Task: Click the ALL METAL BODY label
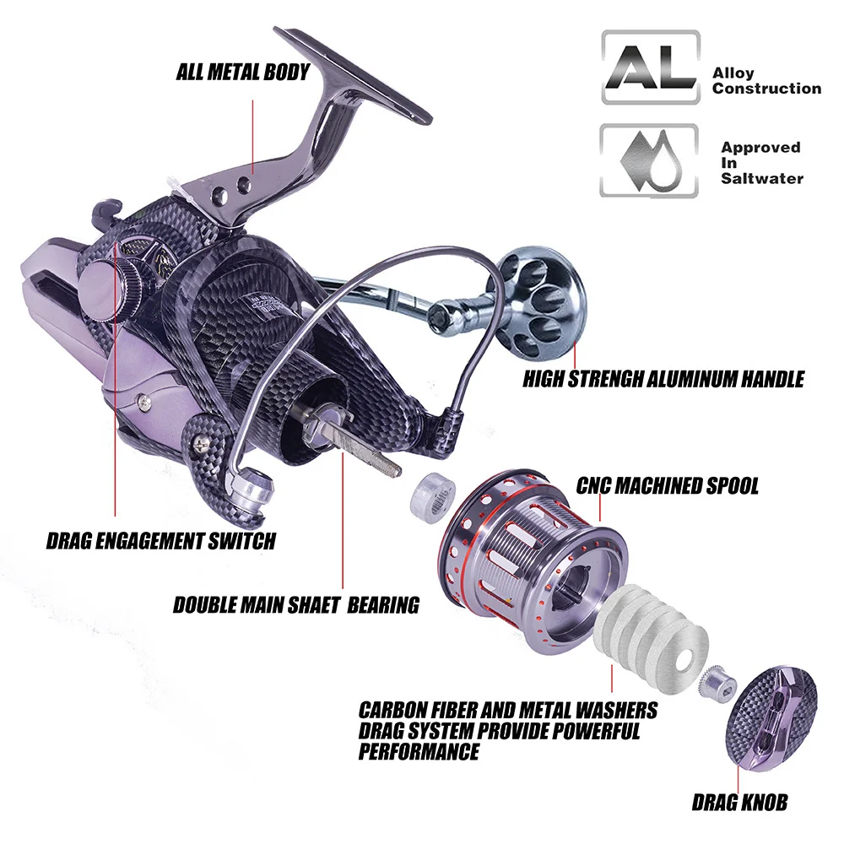pos(243,72)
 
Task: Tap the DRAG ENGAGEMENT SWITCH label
pos(161,540)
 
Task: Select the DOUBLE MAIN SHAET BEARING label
pos(296,605)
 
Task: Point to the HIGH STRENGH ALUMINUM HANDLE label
pos(663,379)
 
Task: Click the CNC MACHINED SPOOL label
pos(668,485)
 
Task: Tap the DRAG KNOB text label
pos(739,803)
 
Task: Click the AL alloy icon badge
pos(651,68)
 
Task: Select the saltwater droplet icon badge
pos(649,160)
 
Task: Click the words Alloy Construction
pos(766,81)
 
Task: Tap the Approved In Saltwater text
pos(761,163)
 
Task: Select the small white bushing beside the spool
pos(433,494)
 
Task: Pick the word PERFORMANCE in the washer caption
pos(419,751)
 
